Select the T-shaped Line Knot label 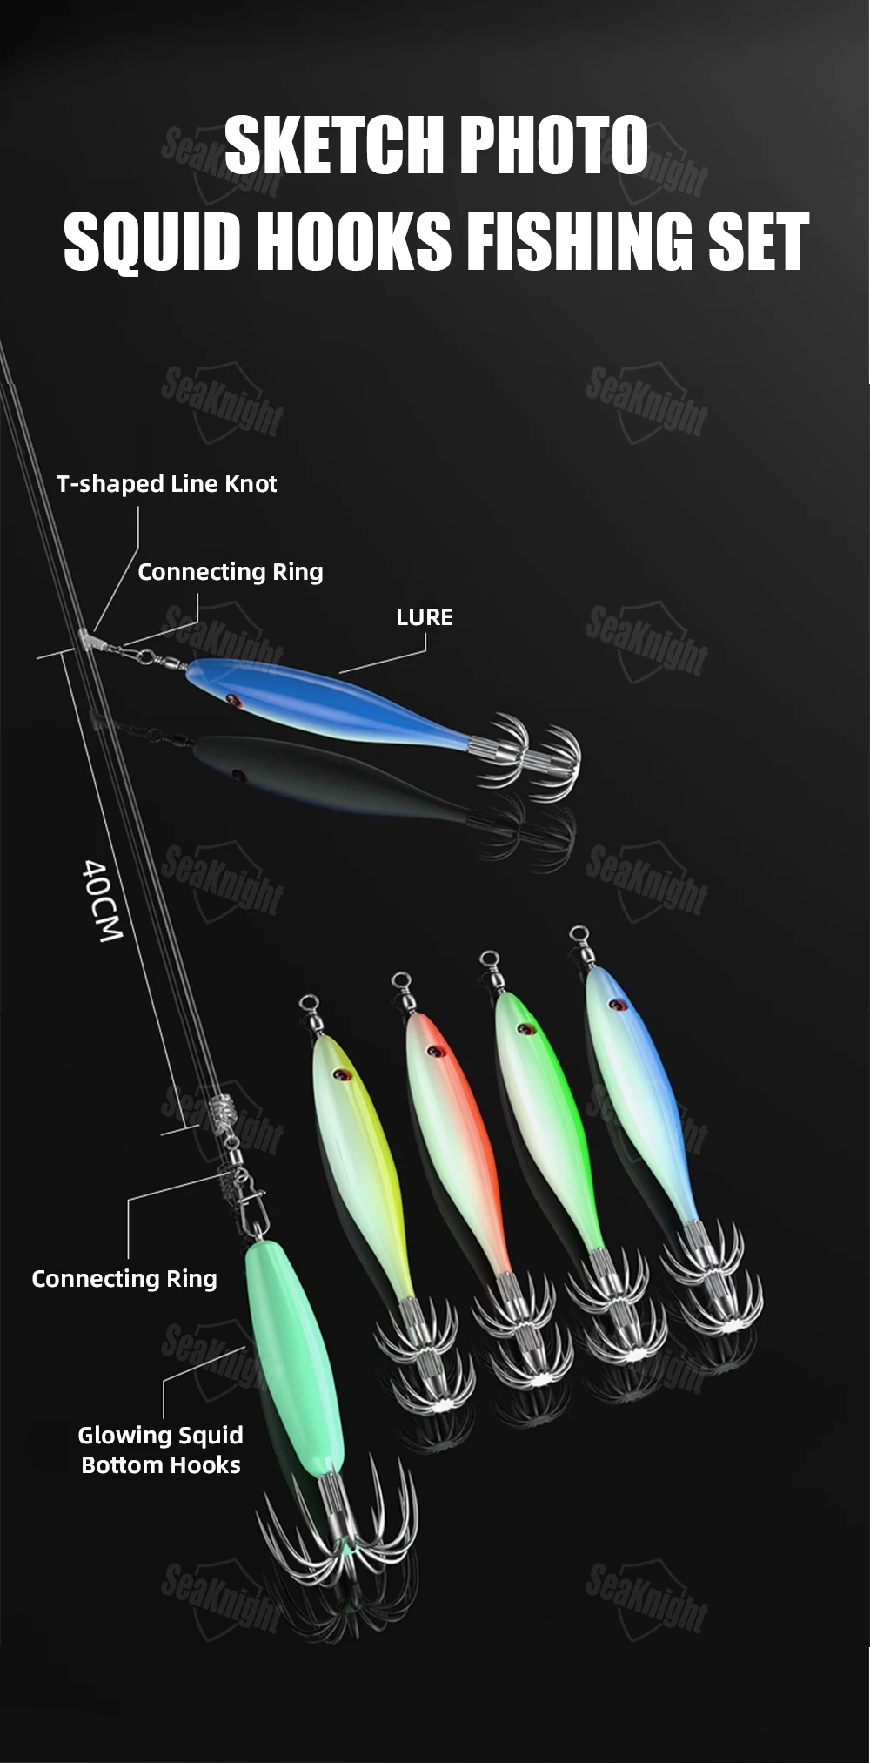[x=166, y=484]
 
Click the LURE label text [x=425, y=617]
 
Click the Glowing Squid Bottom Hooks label [x=161, y=1450]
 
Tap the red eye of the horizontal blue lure [x=231, y=698]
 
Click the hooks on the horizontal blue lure [x=525, y=751]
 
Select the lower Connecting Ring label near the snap [x=124, y=1278]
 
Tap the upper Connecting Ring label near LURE [x=231, y=572]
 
